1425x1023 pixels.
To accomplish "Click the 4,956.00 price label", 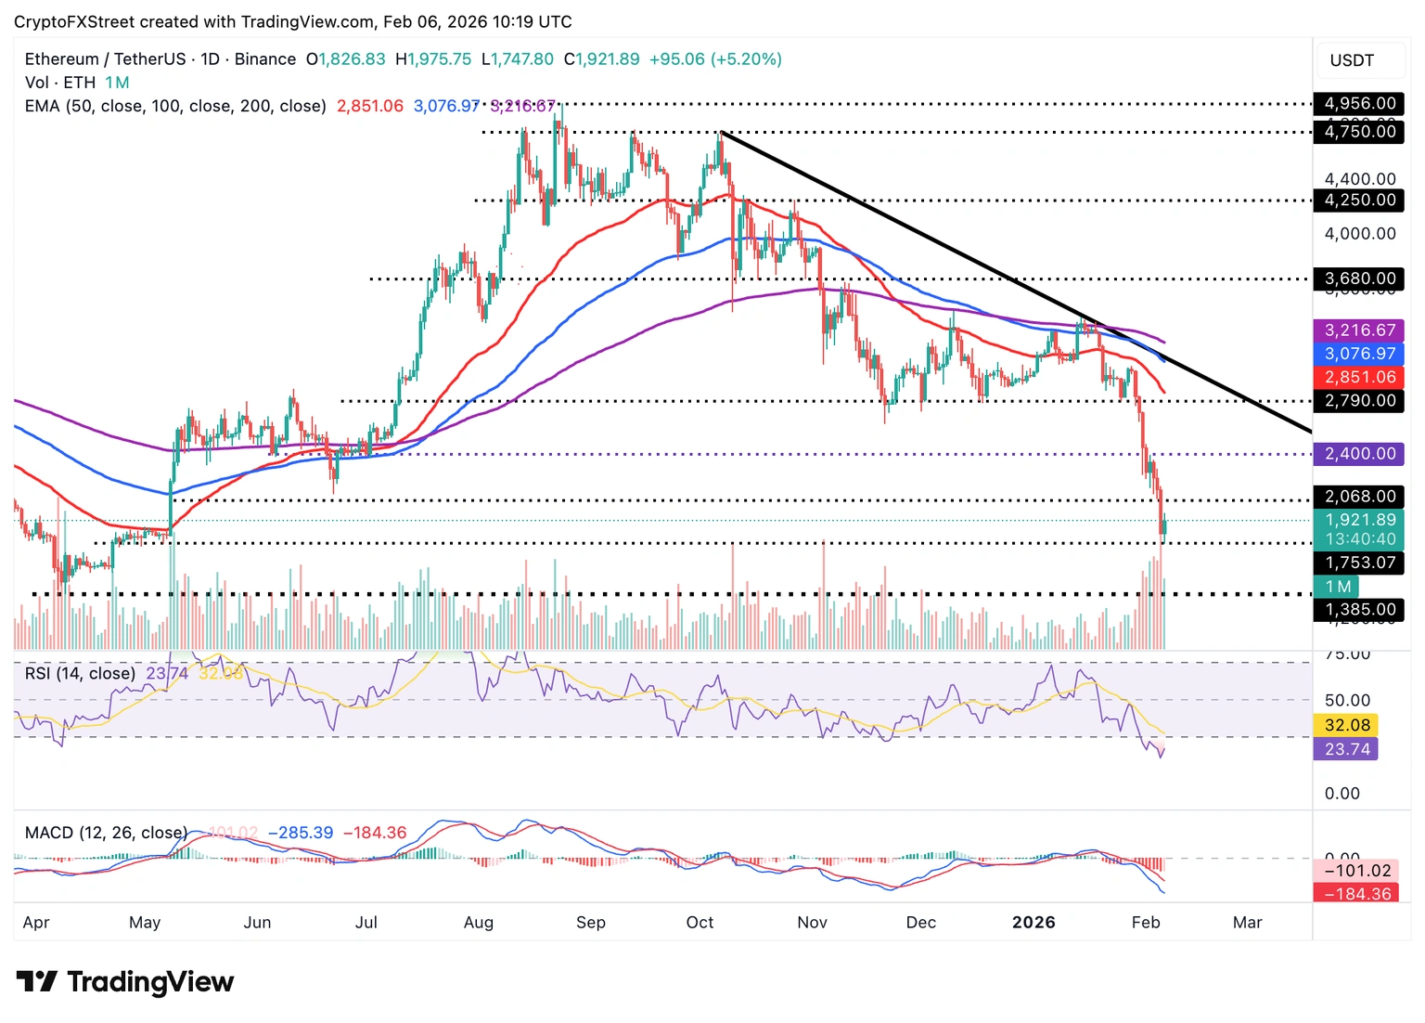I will (1359, 103).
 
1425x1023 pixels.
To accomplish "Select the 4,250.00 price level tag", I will (1359, 200).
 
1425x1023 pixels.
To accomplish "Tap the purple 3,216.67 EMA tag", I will (1359, 330).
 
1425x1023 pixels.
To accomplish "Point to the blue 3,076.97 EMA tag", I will (1359, 354).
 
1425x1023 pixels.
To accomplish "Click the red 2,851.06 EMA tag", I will (1359, 377).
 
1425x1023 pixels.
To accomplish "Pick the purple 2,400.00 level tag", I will (1359, 454).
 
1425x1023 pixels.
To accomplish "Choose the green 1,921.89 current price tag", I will (1359, 521).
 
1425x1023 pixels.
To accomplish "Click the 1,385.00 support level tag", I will (1359, 610).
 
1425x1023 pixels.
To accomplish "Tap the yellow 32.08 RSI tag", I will (1346, 725).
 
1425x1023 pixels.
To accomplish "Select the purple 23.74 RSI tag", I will (1346, 749).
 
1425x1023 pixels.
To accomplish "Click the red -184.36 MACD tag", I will (1355, 893).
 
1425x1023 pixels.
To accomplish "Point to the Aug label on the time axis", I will (479, 922).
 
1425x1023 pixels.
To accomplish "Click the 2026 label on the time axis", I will (1033, 922).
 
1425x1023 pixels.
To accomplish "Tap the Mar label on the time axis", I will (1247, 922).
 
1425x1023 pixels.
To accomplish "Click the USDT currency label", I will (1352, 60).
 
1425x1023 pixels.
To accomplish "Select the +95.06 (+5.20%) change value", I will (715, 59).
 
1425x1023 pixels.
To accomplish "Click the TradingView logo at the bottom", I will (125, 981).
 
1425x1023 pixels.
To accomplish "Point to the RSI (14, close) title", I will (80, 673).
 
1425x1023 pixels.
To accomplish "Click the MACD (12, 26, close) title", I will (106, 833).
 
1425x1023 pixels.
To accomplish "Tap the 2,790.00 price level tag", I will (1359, 401).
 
